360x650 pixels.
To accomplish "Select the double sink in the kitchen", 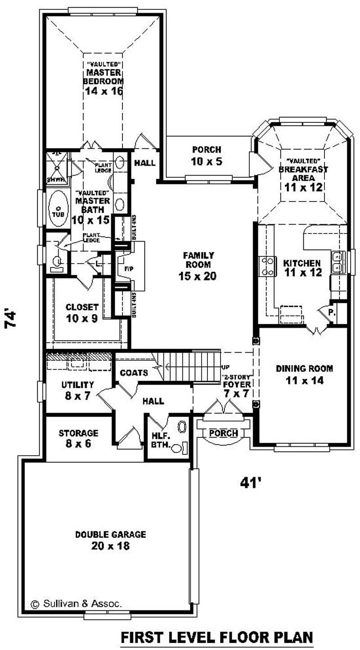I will (x=339, y=262).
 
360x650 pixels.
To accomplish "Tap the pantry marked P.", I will (x=331, y=312).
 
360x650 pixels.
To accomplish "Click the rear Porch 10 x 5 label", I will (x=207, y=155).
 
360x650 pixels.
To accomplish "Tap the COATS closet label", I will (x=134, y=373).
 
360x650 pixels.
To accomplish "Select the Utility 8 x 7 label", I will (x=77, y=390).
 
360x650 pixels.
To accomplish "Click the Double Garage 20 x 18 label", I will (x=110, y=540).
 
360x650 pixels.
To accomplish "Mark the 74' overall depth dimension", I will (x=13, y=318).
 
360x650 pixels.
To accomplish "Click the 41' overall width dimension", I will (x=251, y=483).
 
